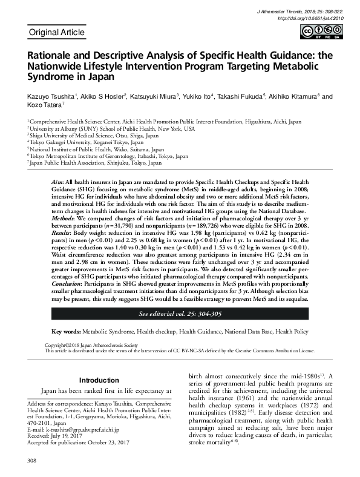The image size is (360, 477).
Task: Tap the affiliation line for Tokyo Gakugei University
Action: pyautogui.click(x=100, y=142)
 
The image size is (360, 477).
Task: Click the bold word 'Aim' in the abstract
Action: pyautogui.click(x=56, y=182)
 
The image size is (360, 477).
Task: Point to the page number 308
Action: pyautogui.click(x=32, y=461)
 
